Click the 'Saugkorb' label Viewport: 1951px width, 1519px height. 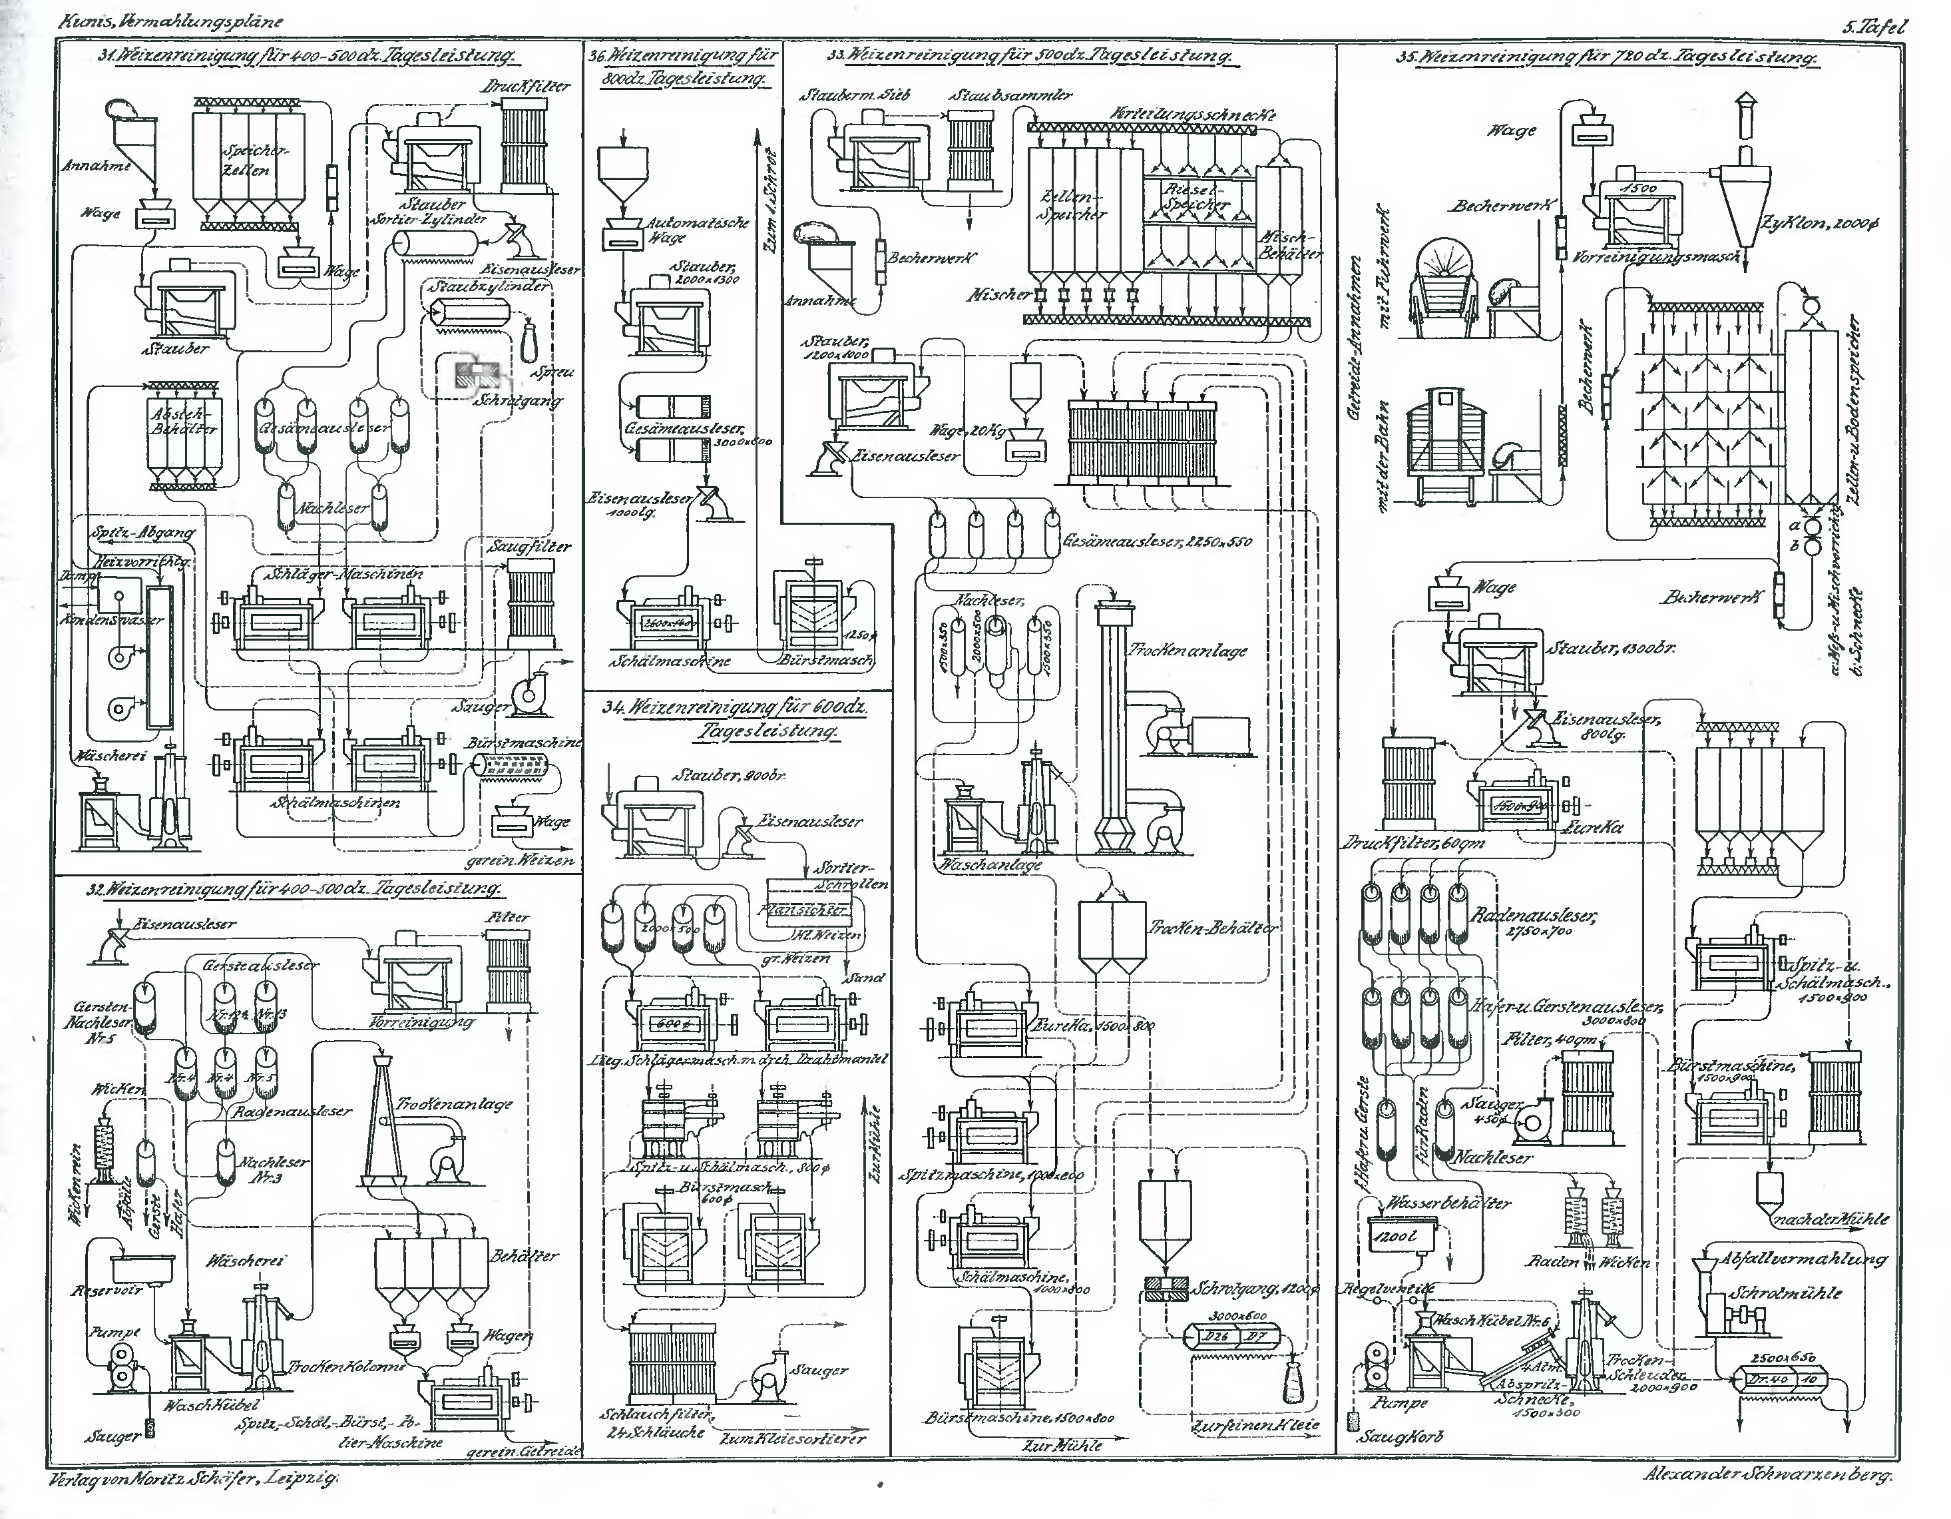pos(1400,1438)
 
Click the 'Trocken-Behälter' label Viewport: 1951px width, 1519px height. pos(1213,928)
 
